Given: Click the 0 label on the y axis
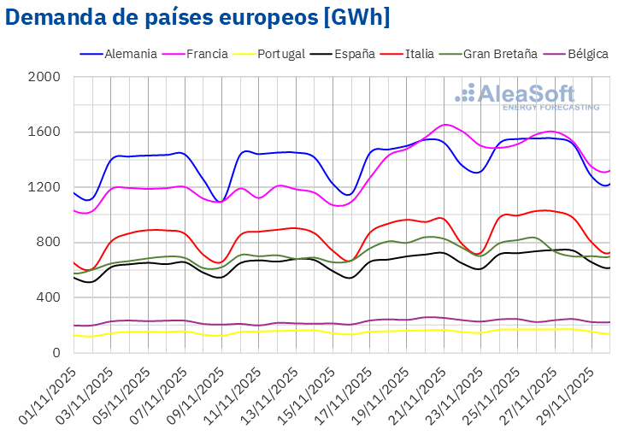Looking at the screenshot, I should point(56,353).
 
